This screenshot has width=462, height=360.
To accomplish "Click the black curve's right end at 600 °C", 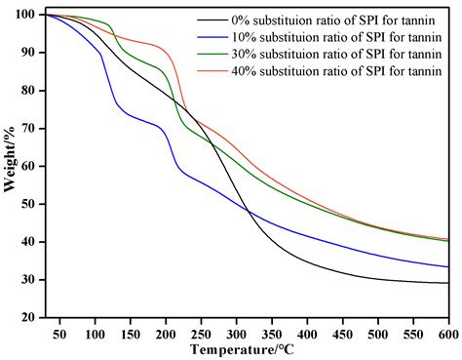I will click(447, 283).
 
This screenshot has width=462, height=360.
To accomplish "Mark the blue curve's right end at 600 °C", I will click(447, 266).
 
